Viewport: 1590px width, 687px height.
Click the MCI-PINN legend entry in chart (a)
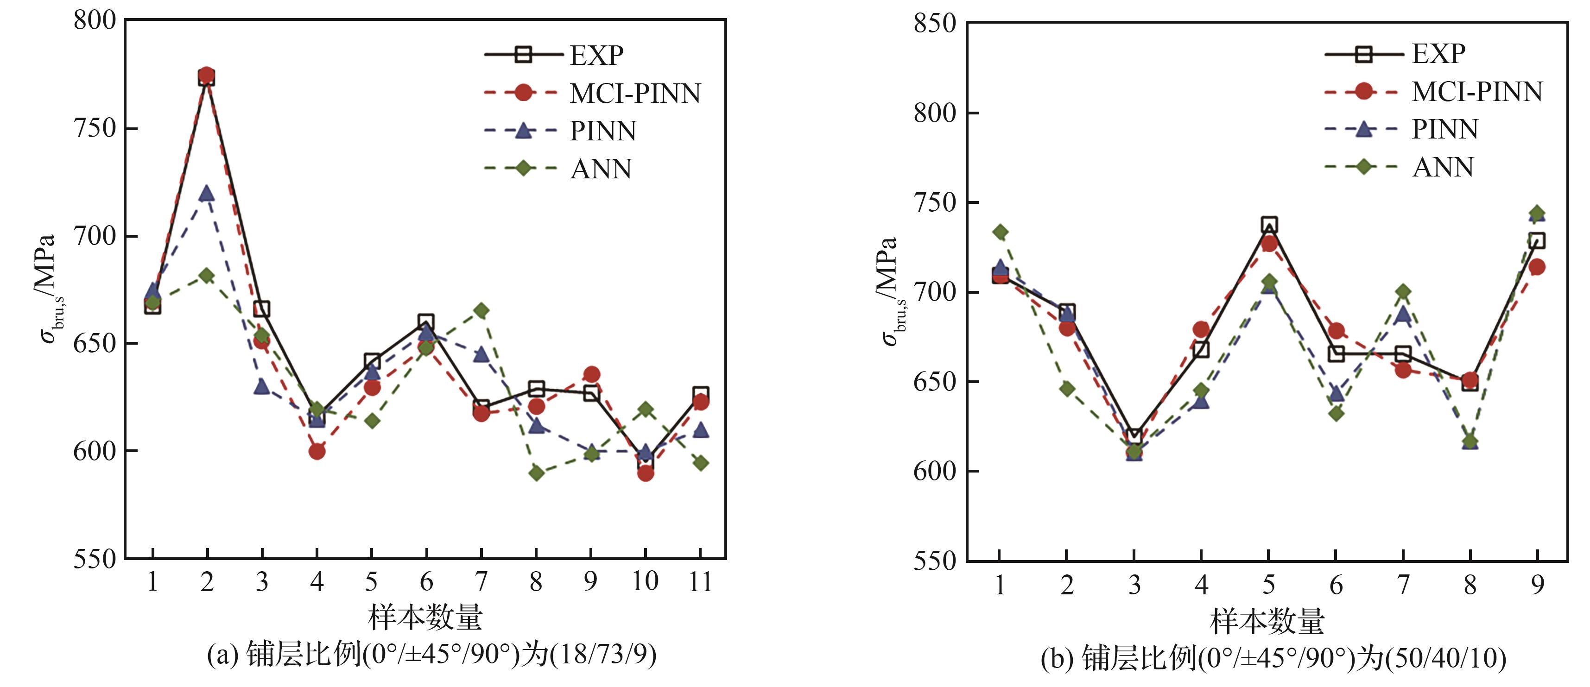(x=634, y=93)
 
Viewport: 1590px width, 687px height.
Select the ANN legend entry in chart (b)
(x=1443, y=167)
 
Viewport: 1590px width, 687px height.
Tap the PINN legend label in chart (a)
(x=603, y=131)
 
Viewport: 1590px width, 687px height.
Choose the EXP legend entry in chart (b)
(x=1438, y=54)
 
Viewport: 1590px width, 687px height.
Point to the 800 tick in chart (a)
(x=95, y=20)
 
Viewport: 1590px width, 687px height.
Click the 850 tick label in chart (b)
(x=935, y=24)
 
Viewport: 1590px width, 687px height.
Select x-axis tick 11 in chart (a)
(x=700, y=581)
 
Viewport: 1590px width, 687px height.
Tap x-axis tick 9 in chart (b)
(x=1537, y=584)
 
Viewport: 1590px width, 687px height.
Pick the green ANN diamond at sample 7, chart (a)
(x=481, y=310)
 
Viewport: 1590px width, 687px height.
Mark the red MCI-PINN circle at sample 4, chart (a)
(x=317, y=451)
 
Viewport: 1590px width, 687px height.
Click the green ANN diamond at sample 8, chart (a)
(x=536, y=473)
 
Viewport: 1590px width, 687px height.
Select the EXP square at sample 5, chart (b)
(x=1269, y=225)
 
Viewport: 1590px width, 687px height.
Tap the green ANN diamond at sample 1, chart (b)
(x=1000, y=232)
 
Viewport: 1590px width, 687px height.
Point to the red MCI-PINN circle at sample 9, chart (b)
(x=1537, y=267)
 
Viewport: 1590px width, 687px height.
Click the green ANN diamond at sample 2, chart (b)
(x=1067, y=389)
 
